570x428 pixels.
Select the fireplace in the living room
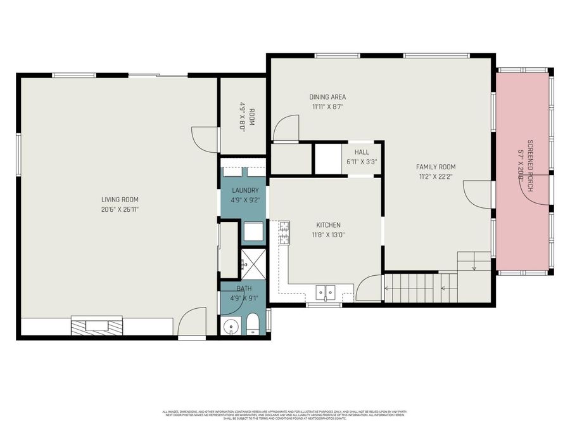click(x=97, y=326)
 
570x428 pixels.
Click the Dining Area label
click(x=327, y=97)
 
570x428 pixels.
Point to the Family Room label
click(x=435, y=167)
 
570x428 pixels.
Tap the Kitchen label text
click(x=328, y=225)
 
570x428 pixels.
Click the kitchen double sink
click(x=326, y=292)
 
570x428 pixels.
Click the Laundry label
click(x=244, y=190)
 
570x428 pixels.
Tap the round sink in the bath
click(x=231, y=327)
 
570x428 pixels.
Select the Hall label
click(x=362, y=152)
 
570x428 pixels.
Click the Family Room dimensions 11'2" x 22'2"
click(x=435, y=177)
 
